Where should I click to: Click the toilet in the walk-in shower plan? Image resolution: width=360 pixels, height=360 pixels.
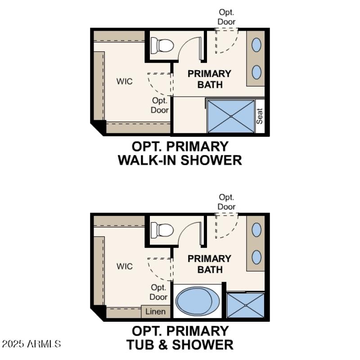click(162, 45)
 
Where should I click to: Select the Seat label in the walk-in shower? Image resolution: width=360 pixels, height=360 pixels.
click(260, 117)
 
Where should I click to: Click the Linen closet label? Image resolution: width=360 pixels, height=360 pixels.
click(156, 311)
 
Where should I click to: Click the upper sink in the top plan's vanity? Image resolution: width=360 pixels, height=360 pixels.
click(256, 45)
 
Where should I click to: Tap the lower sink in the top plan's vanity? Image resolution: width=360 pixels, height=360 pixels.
click(256, 72)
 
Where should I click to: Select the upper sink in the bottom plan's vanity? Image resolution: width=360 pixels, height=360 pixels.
click(256, 230)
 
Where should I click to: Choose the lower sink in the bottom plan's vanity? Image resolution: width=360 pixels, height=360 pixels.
click(256, 257)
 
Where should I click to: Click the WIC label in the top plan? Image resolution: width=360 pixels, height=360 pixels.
click(125, 81)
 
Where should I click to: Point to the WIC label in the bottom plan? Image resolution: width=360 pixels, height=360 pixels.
click(125, 266)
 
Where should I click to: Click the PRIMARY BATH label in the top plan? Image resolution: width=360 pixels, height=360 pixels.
click(209, 79)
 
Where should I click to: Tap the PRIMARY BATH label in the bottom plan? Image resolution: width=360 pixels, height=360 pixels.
click(209, 264)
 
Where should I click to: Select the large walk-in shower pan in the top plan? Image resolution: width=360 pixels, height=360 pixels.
click(231, 116)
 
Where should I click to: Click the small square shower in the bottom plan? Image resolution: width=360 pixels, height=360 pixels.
click(246, 306)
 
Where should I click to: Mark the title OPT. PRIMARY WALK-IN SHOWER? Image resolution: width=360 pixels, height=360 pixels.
click(180, 153)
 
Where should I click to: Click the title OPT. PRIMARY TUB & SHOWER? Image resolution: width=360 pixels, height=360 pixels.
click(180, 338)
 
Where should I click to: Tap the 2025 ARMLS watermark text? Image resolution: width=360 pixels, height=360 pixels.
click(31, 344)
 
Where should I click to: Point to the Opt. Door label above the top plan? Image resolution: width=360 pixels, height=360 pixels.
click(226, 17)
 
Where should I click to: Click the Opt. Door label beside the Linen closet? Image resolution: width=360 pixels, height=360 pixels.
click(158, 292)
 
